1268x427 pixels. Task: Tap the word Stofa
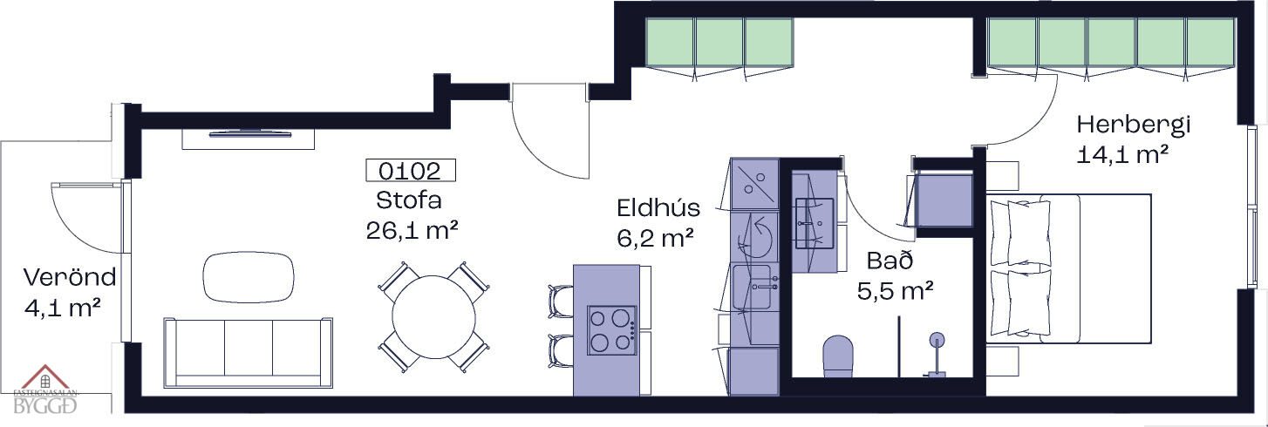click(409, 200)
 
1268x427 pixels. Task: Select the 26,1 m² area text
click(413, 230)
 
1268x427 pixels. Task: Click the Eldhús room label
click(658, 208)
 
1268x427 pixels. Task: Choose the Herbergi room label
click(1133, 124)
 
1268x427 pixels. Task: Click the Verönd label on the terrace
click(70, 278)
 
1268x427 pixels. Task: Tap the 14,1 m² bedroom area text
click(1122, 155)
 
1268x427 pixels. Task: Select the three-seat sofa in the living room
click(249, 352)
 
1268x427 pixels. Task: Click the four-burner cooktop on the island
click(612, 330)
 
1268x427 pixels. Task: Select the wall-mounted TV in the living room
click(249, 133)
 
